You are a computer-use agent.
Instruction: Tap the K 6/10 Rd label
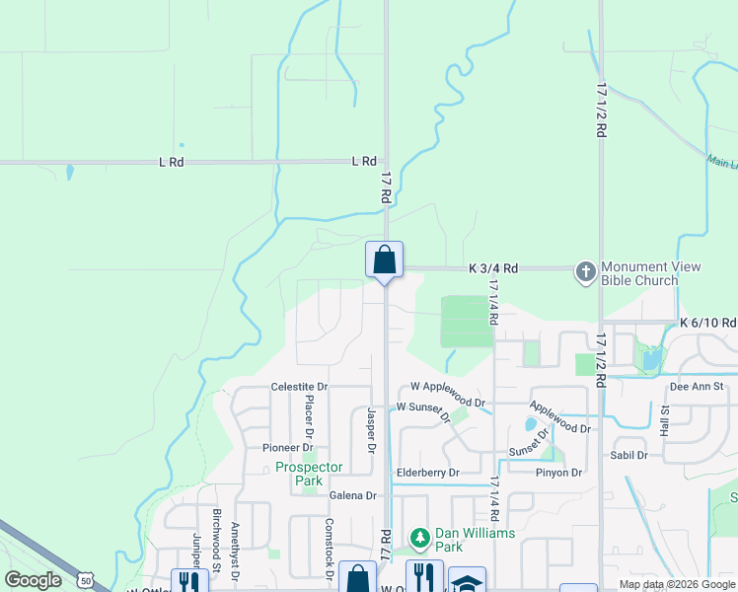pyautogui.click(x=707, y=323)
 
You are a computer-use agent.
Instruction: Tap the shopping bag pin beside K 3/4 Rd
pyautogui.click(x=385, y=260)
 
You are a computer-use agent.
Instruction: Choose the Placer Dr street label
pyautogui.click(x=309, y=416)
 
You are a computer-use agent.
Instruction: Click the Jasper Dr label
pyautogui.click(x=372, y=430)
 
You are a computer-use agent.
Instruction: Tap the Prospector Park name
pyautogui.click(x=309, y=474)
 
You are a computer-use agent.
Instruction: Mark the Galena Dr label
pyautogui.click(x=353, y=495)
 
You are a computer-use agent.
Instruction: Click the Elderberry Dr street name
pyautogui.click(x=427, y=473)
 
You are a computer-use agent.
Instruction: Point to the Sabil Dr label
pyautogui.click(x=628, y=455)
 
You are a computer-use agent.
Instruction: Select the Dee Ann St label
pyautogui.click(x=697, y=387)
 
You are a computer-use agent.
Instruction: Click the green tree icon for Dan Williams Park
pyautogui.click(x=420, y=538)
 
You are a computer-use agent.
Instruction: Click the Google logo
pyautogui.click(x=33, y=580)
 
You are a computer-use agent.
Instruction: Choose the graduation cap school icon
pyautogui.click(x=467, y=582)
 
